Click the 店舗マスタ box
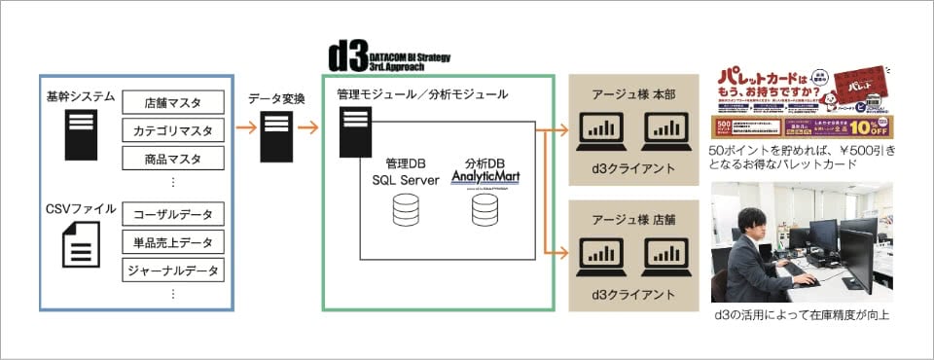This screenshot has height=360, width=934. point(173,102)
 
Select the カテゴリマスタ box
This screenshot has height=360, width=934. point(173,129)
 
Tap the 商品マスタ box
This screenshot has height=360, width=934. point(173,158)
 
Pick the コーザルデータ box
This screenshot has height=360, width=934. point(173,213)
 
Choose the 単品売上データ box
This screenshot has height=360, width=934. point(173,241)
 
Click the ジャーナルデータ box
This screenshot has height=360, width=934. point(173,270)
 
